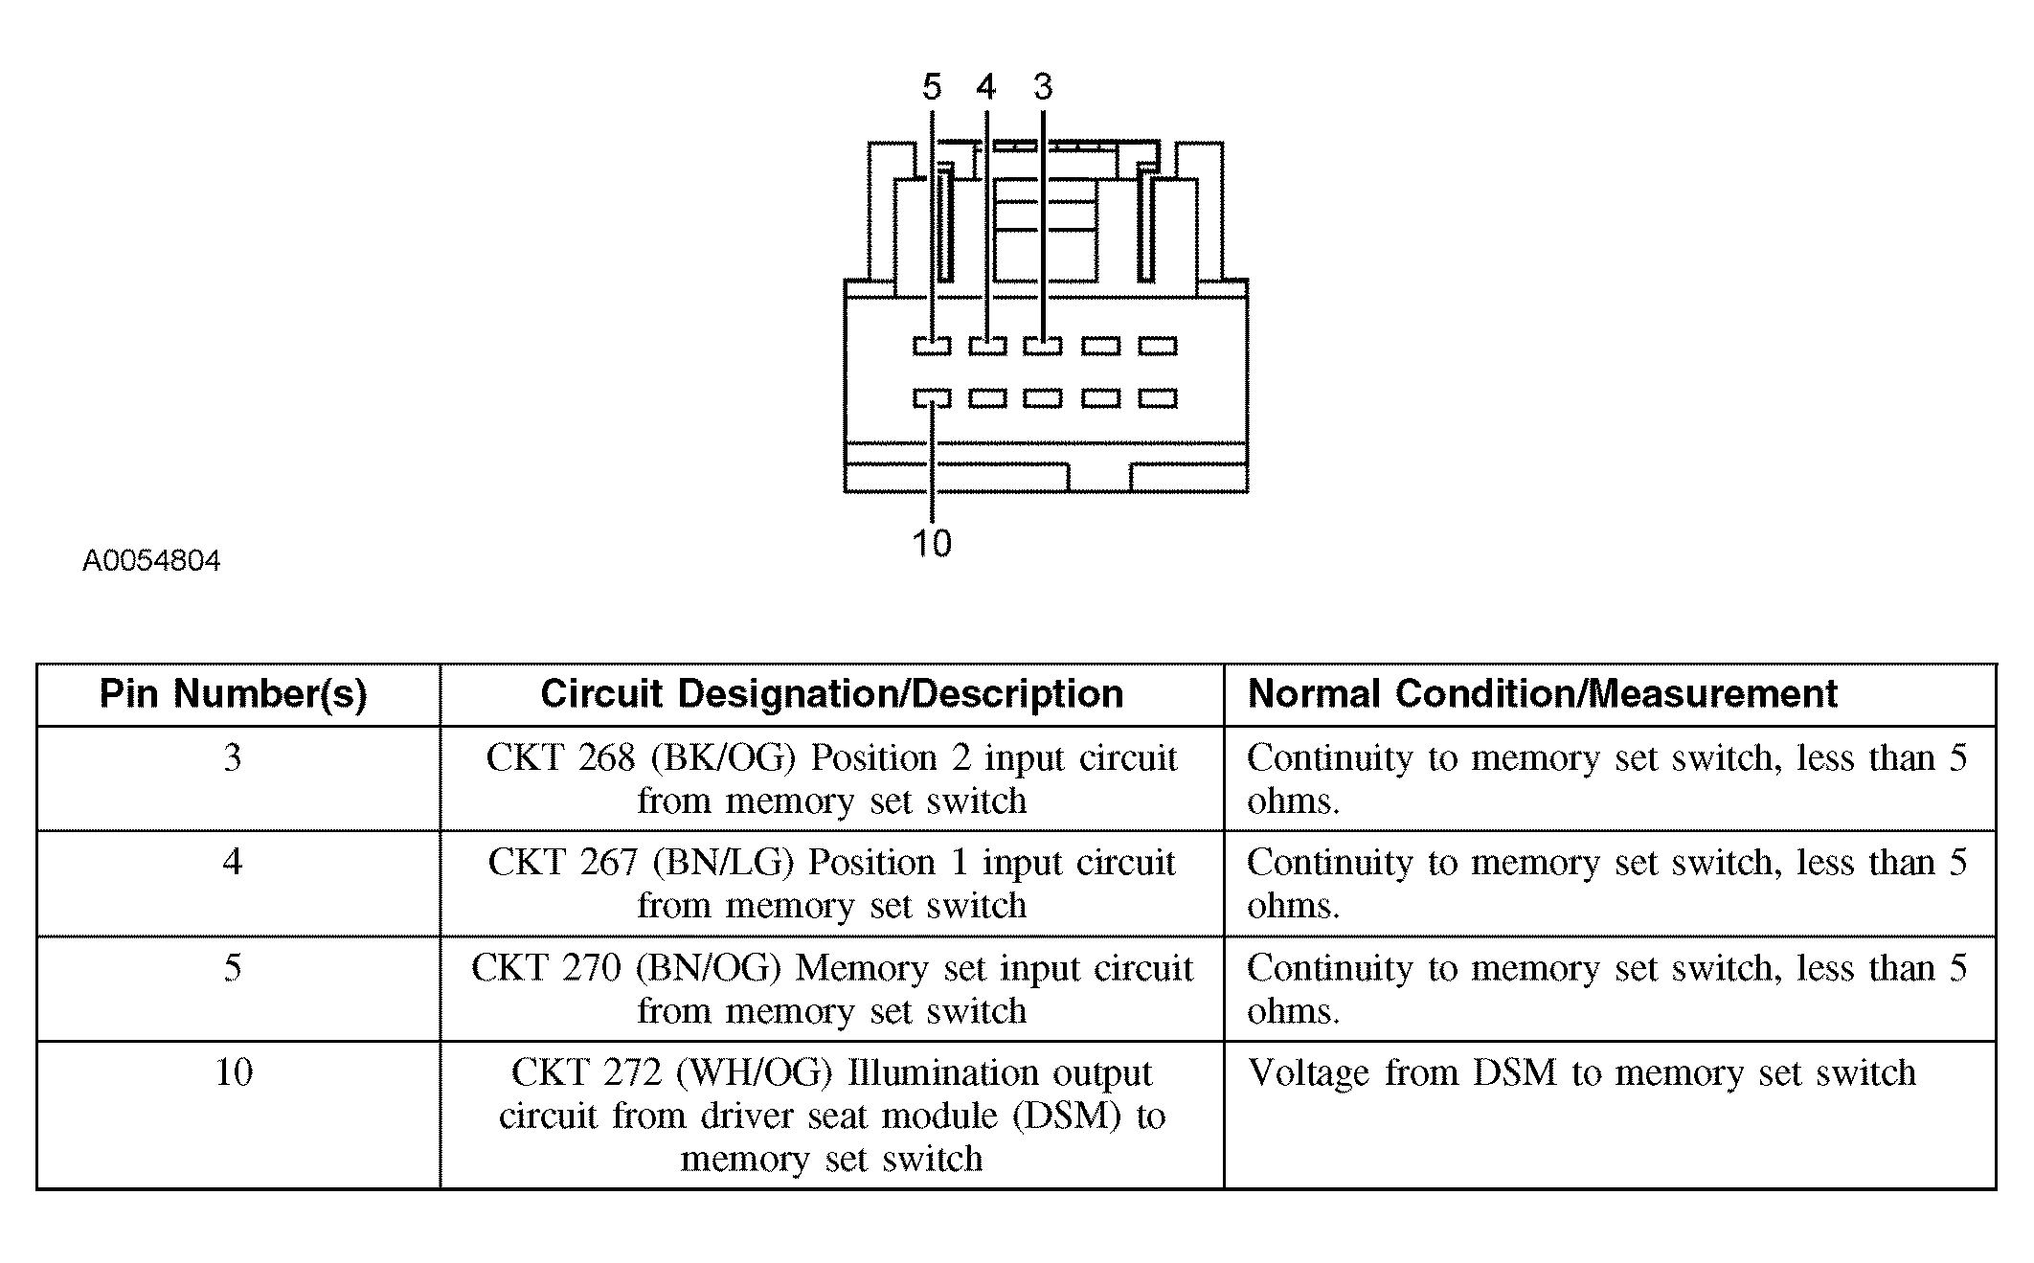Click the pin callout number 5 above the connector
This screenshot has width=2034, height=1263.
932,87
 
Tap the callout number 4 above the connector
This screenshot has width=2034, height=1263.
986,87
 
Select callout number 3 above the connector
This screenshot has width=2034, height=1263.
1043,87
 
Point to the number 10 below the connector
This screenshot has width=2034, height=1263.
932,543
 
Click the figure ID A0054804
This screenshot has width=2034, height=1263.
151,560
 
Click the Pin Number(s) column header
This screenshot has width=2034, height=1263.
234,694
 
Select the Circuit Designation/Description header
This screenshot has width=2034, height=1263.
831,694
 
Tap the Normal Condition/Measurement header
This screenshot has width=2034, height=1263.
1543,693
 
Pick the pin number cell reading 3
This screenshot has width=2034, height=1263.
233,758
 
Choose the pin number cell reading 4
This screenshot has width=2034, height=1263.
233,863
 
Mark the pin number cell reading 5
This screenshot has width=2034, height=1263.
233,968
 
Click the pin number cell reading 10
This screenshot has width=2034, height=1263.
234,1072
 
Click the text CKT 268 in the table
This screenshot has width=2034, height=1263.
560,758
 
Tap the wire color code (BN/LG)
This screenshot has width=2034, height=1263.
723,864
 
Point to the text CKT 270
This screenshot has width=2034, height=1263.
546,968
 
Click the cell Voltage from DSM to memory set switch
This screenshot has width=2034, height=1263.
1582,1073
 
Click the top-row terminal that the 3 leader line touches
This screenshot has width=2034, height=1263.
1043,346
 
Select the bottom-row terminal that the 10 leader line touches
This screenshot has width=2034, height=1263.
932,397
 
